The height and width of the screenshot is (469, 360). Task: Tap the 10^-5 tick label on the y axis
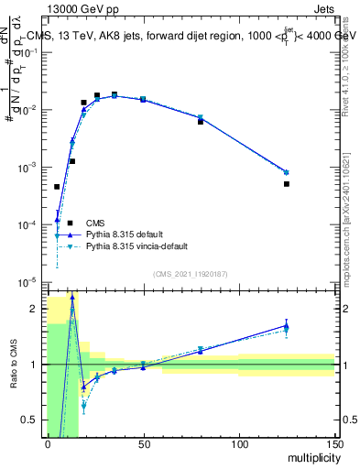point(29,282)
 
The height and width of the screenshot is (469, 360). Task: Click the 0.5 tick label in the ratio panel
point(31,420)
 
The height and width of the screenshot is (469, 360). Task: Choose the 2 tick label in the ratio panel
point(37,309)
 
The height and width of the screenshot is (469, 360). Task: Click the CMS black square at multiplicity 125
point(287,184)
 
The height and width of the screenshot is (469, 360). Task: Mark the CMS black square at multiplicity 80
point(201,121)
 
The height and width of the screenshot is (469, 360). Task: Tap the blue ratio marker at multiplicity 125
point(287,325)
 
